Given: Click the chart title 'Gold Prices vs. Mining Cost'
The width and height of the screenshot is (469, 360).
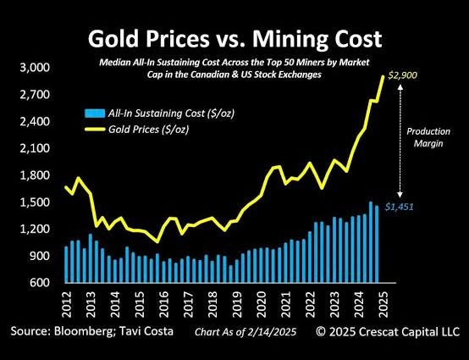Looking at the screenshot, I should tap(234, 41).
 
